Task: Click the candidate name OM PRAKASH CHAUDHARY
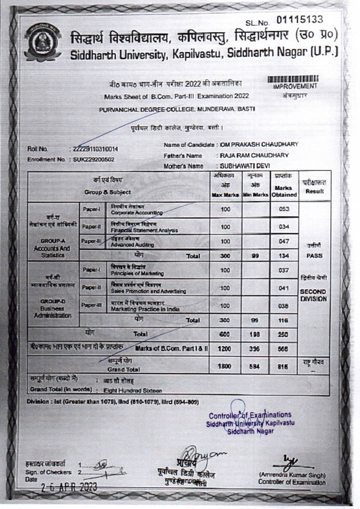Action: click(x=258, y=145)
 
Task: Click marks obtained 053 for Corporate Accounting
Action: click(x=284, y=209)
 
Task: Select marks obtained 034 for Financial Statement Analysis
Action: click(x=284, y=226)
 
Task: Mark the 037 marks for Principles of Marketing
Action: click(x=284, y=270)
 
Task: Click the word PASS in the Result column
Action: click(x=314, y=256)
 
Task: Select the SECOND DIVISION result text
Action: click(x=314, y=295)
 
